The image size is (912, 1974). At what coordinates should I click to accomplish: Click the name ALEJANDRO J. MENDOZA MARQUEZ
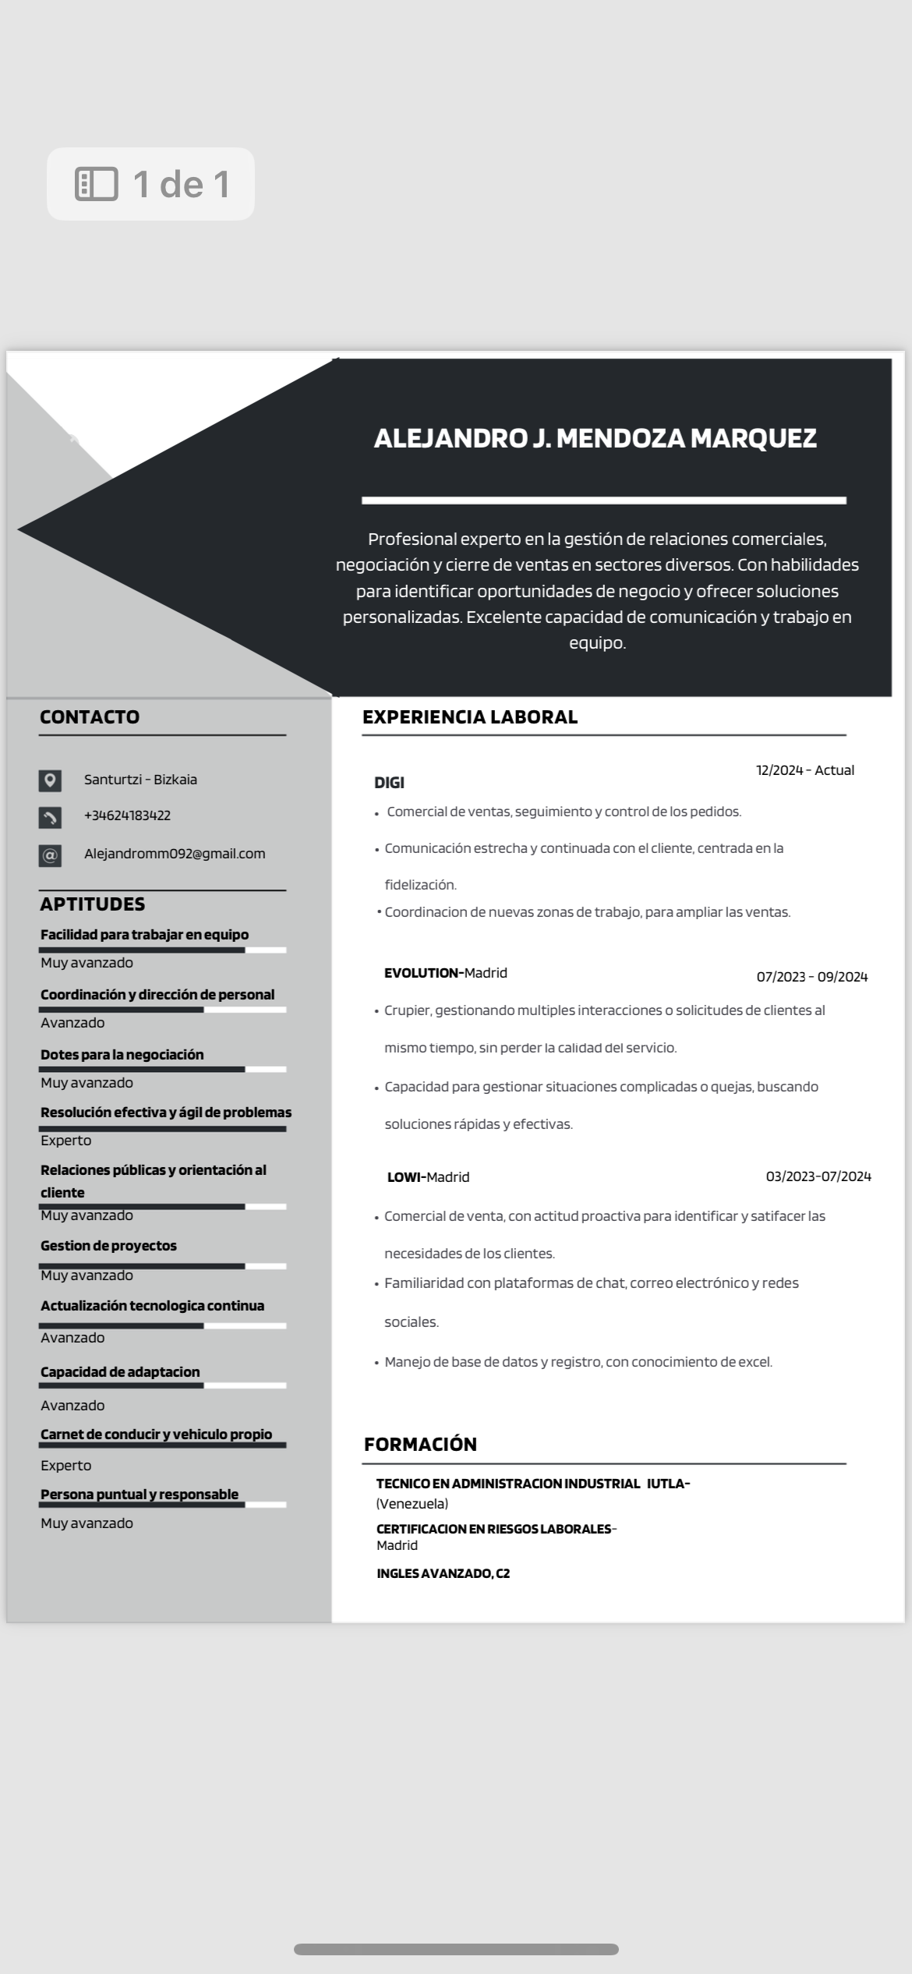click(x=595, y=438)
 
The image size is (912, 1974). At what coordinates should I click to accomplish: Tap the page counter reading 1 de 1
click(x=151, y=184)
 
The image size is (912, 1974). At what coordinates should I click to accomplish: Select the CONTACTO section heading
click(x=90, y=717)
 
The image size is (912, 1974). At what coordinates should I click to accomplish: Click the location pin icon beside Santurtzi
click(x=50, y=780)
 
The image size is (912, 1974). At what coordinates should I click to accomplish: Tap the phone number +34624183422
click(x=127, y=815)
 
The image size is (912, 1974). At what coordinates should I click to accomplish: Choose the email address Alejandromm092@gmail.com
click(x=175, y=854)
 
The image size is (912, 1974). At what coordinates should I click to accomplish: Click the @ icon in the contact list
click(x=50, y=855)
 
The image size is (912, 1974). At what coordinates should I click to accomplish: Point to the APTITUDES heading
click(x=92, y=904)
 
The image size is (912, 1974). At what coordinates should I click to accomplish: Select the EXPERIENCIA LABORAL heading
click(x=470, y=717)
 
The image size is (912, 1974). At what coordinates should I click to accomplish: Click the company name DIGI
click(x=389, y=783)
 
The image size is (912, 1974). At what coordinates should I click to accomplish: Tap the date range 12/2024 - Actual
click(x=805, y=770)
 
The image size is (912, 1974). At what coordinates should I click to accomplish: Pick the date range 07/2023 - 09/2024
click(x=811, y=977)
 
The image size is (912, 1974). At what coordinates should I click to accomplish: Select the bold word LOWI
click(x=405, y=1177)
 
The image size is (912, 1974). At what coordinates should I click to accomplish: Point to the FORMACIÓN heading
click(x=420, y=1445)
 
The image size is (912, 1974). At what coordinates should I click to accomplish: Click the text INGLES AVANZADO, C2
click(x=443, y=1573)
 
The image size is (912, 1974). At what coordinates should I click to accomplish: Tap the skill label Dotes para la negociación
click(x=122, y=1055)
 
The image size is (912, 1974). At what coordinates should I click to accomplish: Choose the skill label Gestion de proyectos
click(x=108, y=1246)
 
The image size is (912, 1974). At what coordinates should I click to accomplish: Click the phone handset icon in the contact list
click(x=50, y=817)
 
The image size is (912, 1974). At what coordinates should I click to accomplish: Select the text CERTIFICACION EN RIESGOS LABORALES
click(x=493, y=1529)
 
